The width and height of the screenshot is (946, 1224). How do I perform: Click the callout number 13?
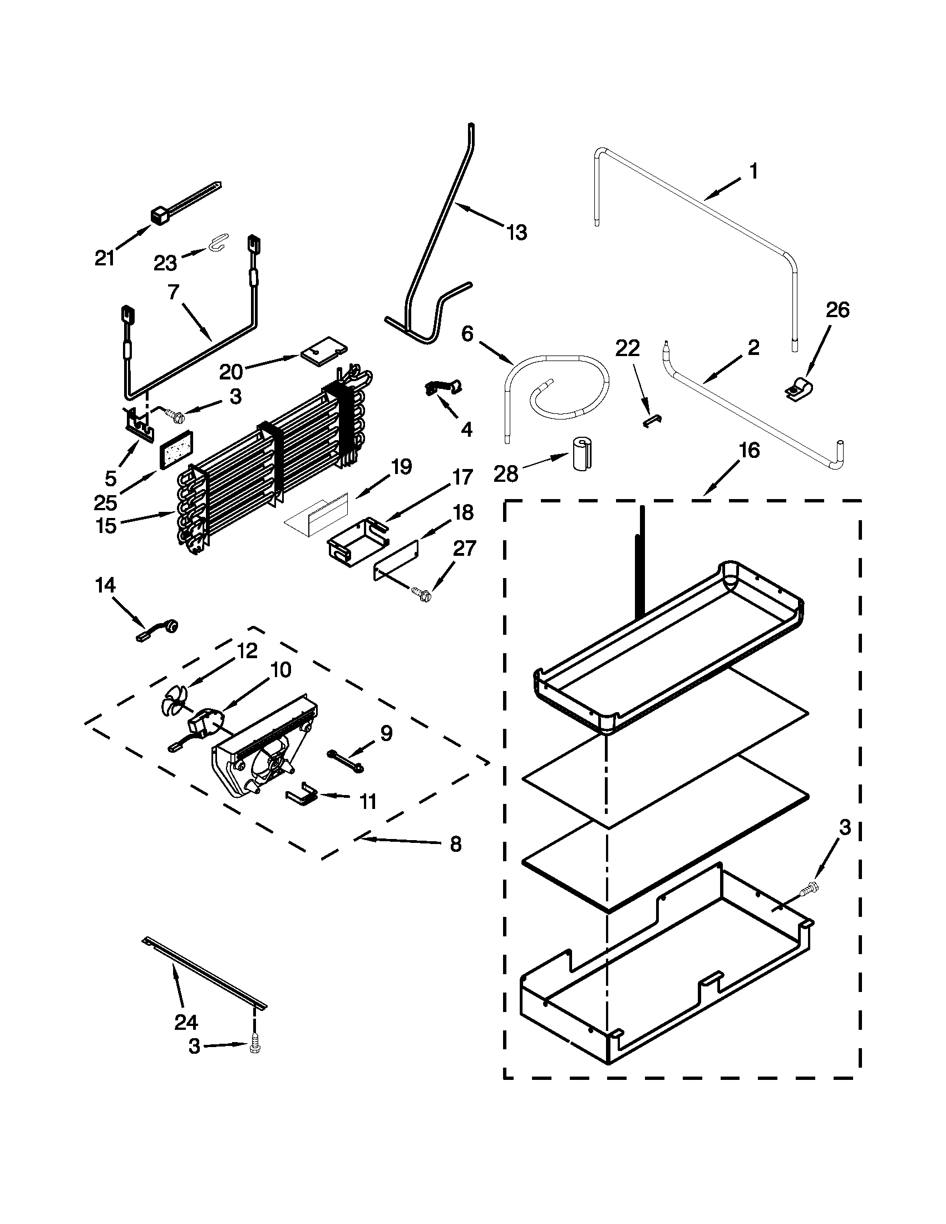[x=516, y=232]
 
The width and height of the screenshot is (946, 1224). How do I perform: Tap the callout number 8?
[x=455, y=860]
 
